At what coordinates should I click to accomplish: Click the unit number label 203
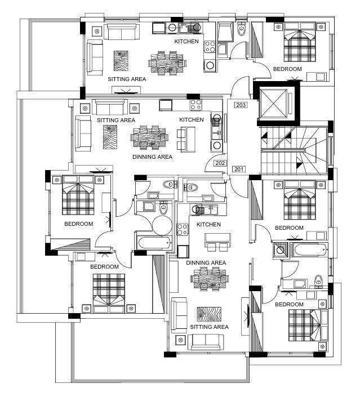tap(241, 105)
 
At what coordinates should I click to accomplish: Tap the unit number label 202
tap(220, 163)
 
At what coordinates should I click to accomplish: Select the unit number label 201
tap(239, 169)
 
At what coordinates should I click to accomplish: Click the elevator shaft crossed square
tap(273, 104)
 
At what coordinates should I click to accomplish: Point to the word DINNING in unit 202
tap(143, 157)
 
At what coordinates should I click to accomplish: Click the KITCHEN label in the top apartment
tap(186, 42)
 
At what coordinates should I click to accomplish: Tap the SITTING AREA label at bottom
tap(209, 327)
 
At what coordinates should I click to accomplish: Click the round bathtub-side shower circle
tap(162, 225)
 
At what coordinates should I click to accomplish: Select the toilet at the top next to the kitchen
tap(242, 29)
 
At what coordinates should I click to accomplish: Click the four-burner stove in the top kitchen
tap(210, 47)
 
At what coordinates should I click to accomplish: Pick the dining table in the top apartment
tap(167, 63)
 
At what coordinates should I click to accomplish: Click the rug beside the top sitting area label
tap(121, 61)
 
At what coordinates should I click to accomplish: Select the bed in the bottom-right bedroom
tap(308, 325)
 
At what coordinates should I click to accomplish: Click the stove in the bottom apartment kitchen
tap(183, 229)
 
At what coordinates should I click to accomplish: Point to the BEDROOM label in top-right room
tap(287, 69)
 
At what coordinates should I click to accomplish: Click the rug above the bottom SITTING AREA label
tap(209, 314)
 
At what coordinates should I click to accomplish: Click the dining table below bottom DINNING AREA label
tap(210, 279)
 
